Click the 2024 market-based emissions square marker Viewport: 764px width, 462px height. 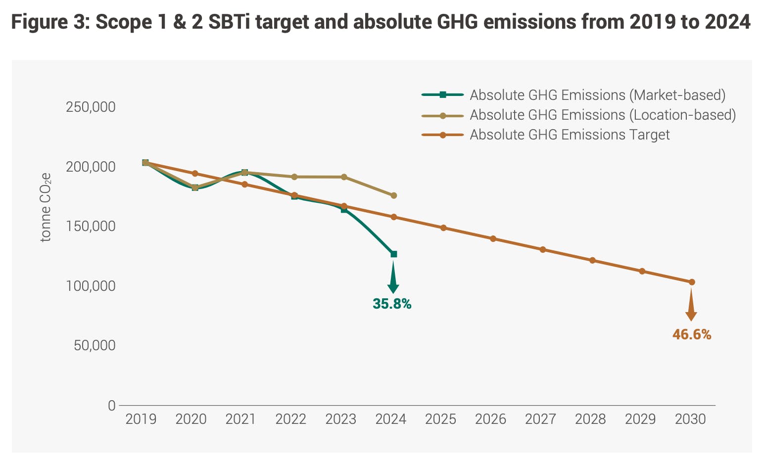(x=394, y=254)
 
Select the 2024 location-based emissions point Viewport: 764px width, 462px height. (x=394, y=195)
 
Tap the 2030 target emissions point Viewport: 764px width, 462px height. (x=692, y=282)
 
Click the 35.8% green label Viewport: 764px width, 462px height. (x=392, y=304)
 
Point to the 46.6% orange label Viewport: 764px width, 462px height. (x=691, y=335)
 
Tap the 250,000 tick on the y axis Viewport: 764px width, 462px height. (x=91, y=107)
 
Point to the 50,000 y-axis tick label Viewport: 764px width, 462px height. (x=95, y=345)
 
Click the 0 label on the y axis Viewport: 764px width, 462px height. (x=111, y=405)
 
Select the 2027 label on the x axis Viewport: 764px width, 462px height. (x=540, y=419)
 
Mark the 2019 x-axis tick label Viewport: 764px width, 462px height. (x=141, y=419)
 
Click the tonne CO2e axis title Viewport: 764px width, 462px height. (x=46, y=207)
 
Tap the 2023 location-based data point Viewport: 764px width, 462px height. (x=344, y=177)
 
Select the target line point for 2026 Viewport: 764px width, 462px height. (x=493, y=238)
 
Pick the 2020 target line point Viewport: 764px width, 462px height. (x=195, y=173)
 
